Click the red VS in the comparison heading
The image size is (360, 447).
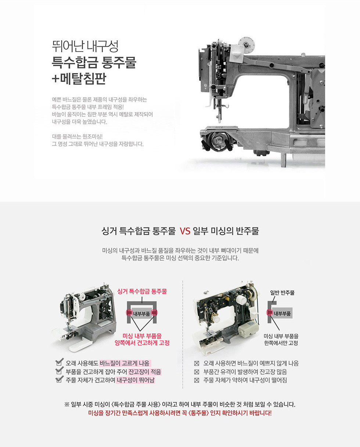pos(185,231)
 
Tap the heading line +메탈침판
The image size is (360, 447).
pos(79,79)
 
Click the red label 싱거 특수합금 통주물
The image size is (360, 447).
pos(142,291)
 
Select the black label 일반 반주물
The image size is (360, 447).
pos(282,292)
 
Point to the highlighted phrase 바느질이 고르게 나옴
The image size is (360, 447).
pos(125,363)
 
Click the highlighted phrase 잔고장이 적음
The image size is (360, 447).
pos(145,372)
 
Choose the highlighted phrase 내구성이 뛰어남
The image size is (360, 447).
pos(136,380)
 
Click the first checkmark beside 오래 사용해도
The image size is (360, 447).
pos(60,362)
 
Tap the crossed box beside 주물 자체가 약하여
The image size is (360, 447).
pos(197,380)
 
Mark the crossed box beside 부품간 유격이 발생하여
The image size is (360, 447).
pos(197,372)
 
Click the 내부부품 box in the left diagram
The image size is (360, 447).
pos(141,314)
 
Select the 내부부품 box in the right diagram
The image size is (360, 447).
pos(282,313)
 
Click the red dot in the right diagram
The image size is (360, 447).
pos(270,312)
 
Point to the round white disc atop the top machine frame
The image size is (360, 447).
pos(246,45)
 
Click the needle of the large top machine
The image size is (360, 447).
pos(219,118)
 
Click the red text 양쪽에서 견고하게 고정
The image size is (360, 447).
pos(142,343)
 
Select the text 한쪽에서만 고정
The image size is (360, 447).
pos(281,343)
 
